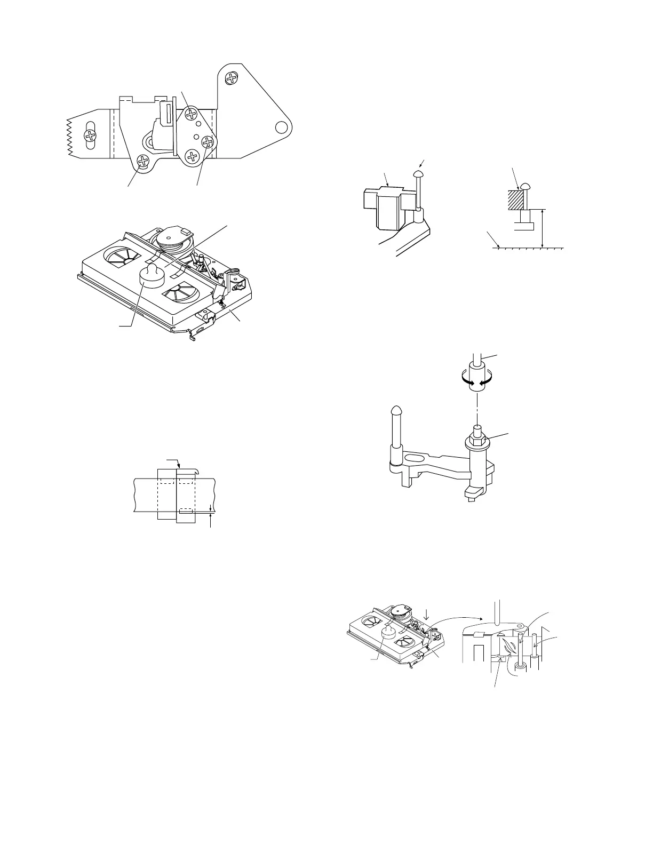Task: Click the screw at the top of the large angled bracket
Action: (x=232, y=78)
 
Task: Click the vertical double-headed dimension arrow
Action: (x=542, y=228)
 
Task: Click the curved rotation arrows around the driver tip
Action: (x=477, y=382)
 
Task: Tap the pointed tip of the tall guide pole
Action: (x=396, y=410)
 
